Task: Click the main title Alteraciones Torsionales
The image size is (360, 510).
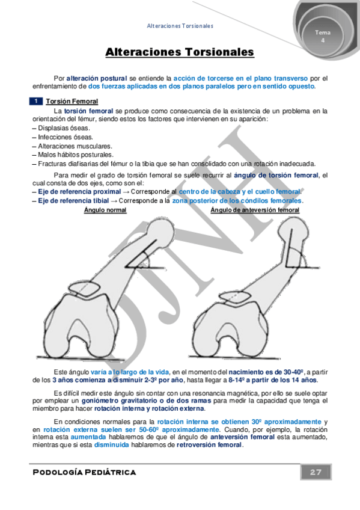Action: [x=180, y=53]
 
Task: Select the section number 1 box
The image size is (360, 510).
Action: [x=36, y=102]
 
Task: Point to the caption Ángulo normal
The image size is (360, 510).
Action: [x=105, y=210]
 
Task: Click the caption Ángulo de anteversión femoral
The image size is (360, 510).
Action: [x=255, y=210]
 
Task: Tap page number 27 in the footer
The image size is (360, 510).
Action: [x=316, y=472]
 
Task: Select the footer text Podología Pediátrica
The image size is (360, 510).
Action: [x=84, y=472]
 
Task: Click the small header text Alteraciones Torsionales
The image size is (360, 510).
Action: [x=180, y=26]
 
